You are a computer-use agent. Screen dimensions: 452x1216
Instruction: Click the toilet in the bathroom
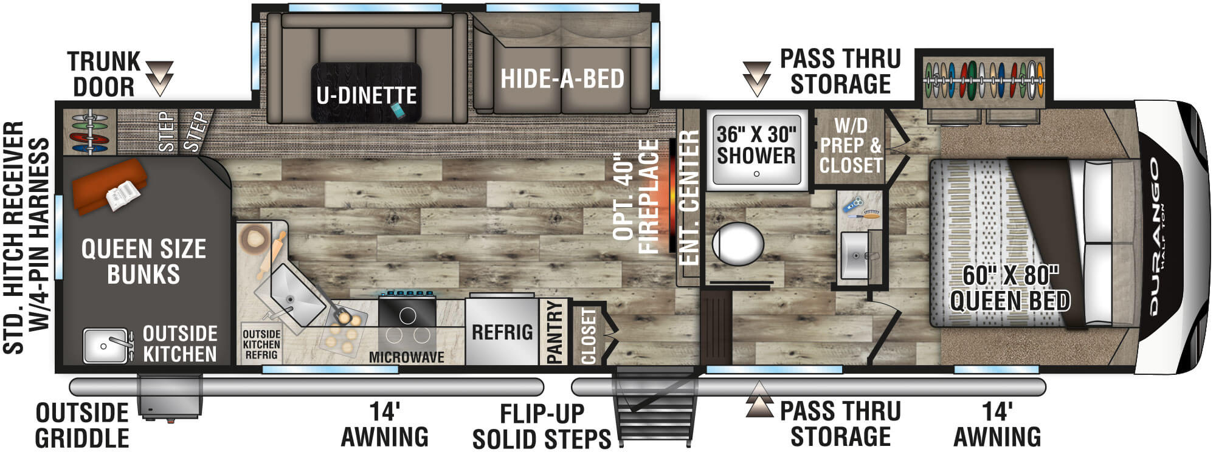pos(738,244)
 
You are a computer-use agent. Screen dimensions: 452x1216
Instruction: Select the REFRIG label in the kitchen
pos(502,332)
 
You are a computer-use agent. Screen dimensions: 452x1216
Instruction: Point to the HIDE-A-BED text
pos(562,79)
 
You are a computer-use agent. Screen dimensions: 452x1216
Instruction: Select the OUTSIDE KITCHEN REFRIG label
pos(261,344)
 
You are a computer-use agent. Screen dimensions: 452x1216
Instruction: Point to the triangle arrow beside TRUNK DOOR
pos(159,78)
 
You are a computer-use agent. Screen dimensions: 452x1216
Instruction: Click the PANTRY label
pos(554,332)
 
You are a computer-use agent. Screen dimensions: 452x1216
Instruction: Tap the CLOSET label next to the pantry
pos(588,335)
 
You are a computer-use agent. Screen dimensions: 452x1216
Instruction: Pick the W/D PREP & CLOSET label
pos(850,146)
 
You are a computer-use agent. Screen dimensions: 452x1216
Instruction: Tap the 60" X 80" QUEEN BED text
pos(1010,288)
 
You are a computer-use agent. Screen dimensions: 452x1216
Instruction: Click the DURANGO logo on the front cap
pos(1155,237)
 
